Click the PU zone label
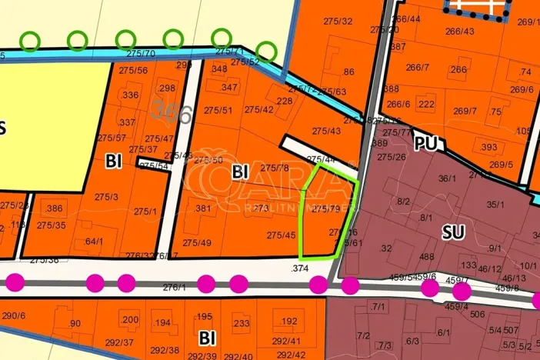click(425, 144)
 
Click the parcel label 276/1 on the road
click(175, 287)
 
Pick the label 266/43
click(459, 32)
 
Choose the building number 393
click(488, 148)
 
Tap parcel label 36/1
click(448, 178)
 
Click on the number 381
click(203, 208)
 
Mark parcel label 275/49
click(196, 243)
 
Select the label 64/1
click(94, 241)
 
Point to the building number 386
click(55, 208)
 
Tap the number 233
click(241, 324)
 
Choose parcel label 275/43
click(326, 132)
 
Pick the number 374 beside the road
click(300, 268)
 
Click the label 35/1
click(495, 205)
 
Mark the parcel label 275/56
click(133, 70)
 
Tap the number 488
click(428, 257)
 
